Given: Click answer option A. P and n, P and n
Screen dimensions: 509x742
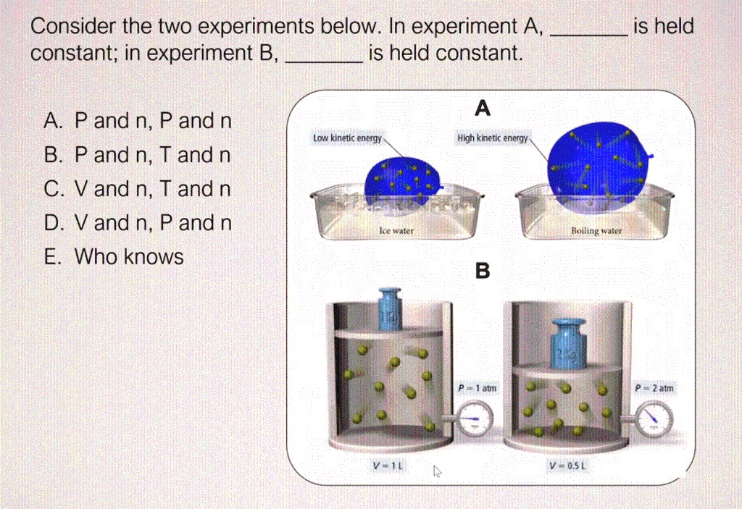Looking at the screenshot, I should coord(138,121).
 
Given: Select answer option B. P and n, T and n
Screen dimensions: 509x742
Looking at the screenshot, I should coord(138,155).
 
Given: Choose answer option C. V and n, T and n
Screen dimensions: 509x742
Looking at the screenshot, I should coord(138,189).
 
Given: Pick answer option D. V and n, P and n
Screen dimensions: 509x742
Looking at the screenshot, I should coord(138,223).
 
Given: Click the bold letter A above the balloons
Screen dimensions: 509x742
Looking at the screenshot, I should coord(483,109).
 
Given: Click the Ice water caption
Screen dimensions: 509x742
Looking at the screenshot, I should coord(396,230).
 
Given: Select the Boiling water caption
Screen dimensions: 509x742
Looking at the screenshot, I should coord(596,230).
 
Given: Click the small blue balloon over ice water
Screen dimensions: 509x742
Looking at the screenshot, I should coord(402,182).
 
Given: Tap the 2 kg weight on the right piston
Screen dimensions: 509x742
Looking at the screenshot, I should coord(570,342).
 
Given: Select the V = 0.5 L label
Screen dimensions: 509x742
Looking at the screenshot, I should coord(570,466).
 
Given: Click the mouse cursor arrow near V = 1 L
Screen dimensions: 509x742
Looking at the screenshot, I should coord(436,471).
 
